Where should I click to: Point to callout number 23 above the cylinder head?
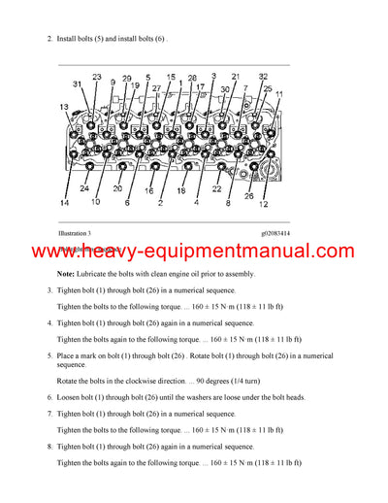97,77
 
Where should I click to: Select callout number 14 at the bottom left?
64,203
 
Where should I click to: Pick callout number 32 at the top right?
263,77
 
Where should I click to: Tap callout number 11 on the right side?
279,93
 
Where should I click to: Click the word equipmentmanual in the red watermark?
226,252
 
